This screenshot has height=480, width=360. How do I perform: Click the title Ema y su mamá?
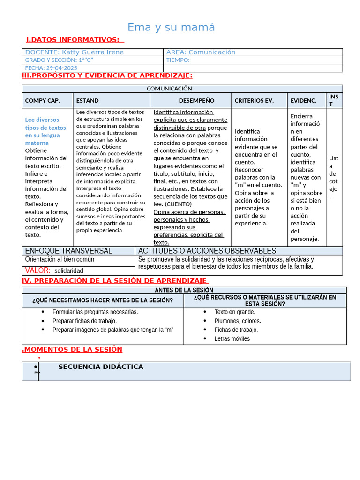(x=171, y=28)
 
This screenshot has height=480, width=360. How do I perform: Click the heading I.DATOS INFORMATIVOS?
(x=72, y=40)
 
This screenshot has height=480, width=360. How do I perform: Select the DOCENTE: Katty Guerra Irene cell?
(x=75, y=52)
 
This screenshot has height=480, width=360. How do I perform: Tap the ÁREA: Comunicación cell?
(x=201, y=52)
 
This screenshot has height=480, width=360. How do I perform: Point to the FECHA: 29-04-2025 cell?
(x=51, y=68)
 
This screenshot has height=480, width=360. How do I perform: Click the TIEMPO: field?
(x=178, y=60)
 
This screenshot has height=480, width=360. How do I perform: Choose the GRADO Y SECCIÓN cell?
(x=59, y=60)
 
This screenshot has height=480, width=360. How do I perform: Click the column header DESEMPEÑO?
(x=196, y=100)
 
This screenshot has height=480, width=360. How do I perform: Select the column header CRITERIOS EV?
(x=254, y=100)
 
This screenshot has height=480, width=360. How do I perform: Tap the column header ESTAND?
(x=88, y=100)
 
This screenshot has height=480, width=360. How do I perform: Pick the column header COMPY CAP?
(x=43, y=100)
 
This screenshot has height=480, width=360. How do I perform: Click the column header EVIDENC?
(x=303, y=100)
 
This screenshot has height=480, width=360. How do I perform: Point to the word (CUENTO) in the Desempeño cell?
(x=178, y=204)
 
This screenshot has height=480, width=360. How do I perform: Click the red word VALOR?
(x=37, y=270)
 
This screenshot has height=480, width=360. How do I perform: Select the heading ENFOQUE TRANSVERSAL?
(x=68, y=251)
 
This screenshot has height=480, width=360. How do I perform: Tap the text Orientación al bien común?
(x=60, y=259)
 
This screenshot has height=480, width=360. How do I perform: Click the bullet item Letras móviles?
(x=232, y=338)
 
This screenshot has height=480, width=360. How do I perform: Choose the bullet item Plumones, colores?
(x=238, y=321)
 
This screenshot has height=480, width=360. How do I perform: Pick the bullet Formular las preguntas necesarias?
(x=95, y=312)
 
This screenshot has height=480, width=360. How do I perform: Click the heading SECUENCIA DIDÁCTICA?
(x=101, y=367)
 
